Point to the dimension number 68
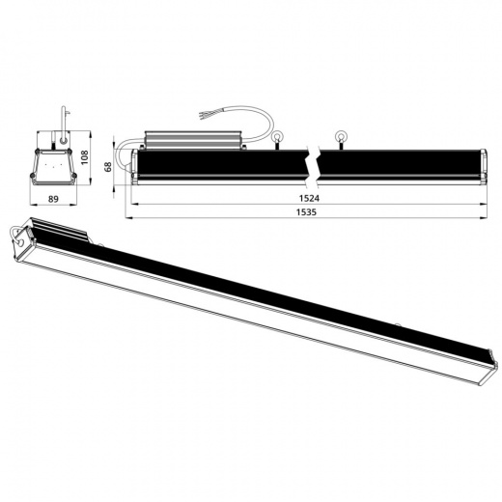click(x=109, y=166)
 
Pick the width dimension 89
click(x=55, y=200)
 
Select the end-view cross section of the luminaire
click(x=55, y=164)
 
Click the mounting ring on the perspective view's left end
click(x=18, y=234)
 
